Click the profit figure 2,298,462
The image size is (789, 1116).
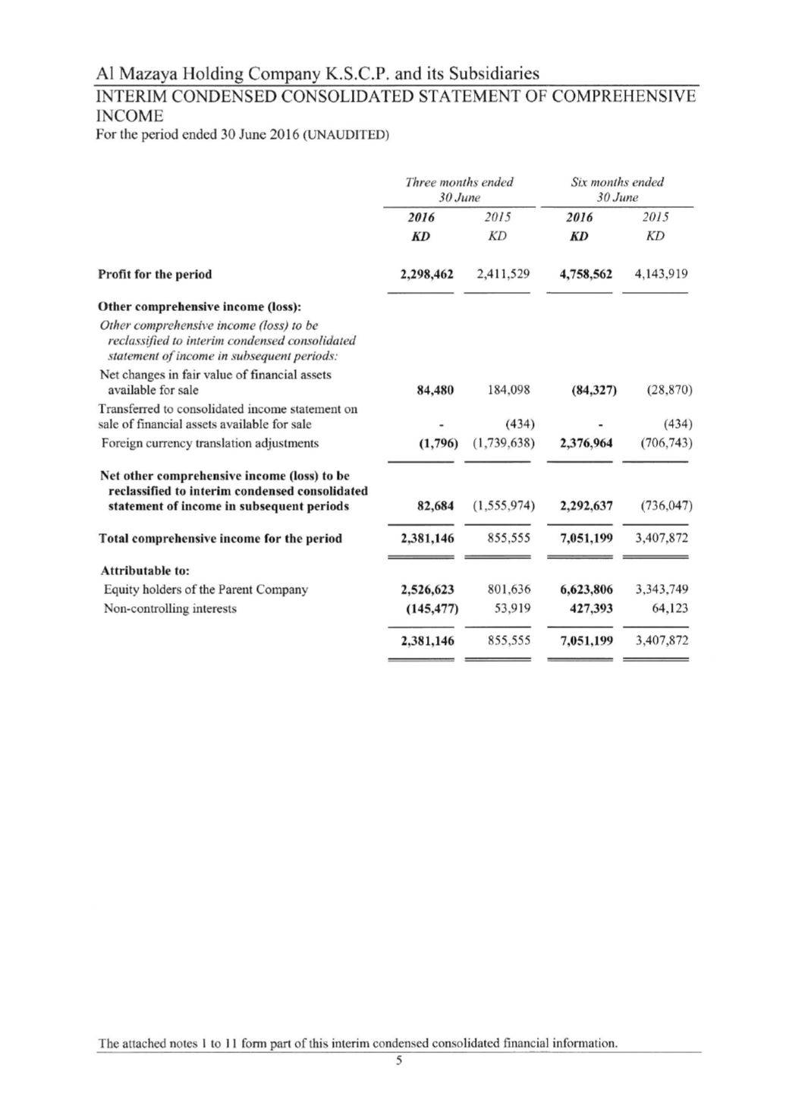pos(426,274)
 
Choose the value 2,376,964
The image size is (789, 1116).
pos(586,443)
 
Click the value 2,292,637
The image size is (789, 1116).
pos(586,506)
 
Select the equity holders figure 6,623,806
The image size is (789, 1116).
pos(586,589)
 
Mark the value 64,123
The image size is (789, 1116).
pos(670,608)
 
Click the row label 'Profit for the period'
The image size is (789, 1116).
pos(155,275)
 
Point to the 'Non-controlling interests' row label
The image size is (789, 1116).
pos(169,608)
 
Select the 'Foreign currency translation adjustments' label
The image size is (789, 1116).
pos(210,443)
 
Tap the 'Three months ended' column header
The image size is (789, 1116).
pos(459,182)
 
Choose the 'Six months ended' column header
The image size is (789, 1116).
pos(617,182)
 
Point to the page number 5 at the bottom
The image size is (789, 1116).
pos(397,1061)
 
